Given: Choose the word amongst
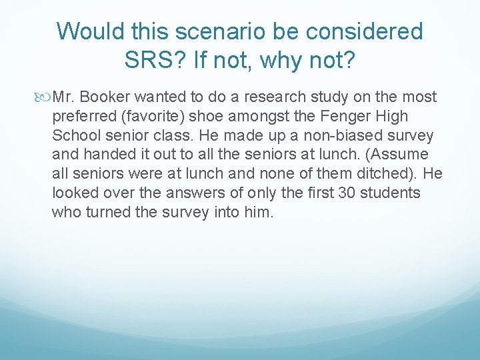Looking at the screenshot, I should [259, 117].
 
